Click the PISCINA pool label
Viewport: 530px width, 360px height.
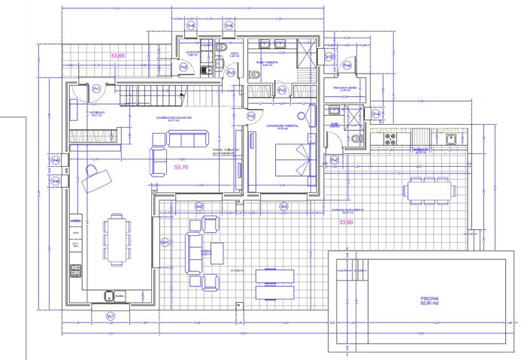[x=429, y=301]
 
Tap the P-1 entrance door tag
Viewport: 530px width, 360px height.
[x=95, y=89]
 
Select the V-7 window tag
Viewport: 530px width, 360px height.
[x=111, y=316]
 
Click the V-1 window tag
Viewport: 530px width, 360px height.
[x=165, y=242]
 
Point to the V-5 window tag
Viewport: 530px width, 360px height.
[x=329, y=57]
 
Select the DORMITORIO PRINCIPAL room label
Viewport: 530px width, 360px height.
[x=283, y=126]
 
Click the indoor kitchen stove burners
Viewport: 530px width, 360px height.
[x=75, y=268]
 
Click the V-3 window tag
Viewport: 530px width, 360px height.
[x=283, y=207]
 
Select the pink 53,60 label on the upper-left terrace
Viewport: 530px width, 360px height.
[x=118, y=56]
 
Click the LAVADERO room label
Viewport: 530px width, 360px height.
[x=192, y=52]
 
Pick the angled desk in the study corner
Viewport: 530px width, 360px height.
[x=96, y=178]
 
